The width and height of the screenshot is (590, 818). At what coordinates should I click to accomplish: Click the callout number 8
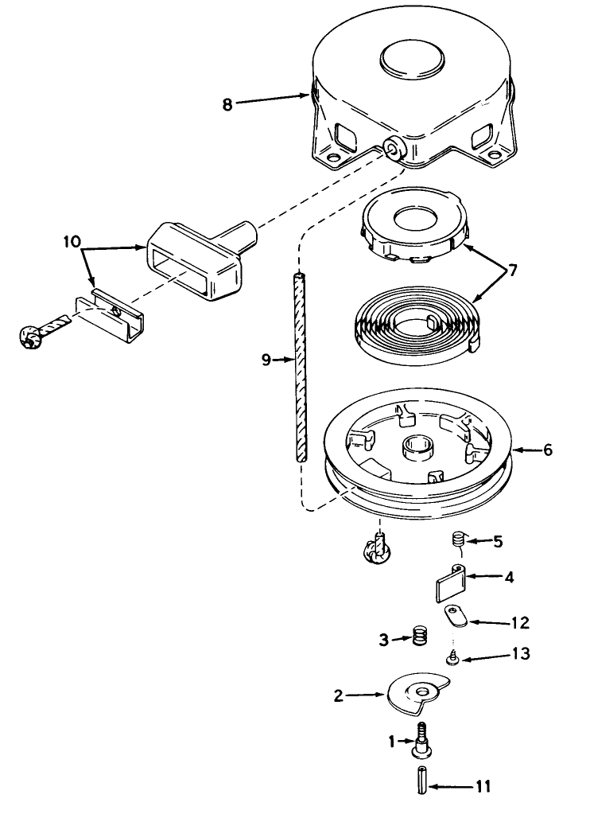click(227, 104)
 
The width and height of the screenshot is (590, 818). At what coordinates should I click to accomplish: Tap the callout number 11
click(483, 785)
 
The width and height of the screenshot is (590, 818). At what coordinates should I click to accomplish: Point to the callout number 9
click(266, 360)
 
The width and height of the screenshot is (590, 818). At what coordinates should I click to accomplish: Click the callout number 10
click(72, 242)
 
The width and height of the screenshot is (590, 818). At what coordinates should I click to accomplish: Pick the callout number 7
click(512, 271)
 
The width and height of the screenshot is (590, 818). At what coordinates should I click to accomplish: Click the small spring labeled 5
click(458, 539)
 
